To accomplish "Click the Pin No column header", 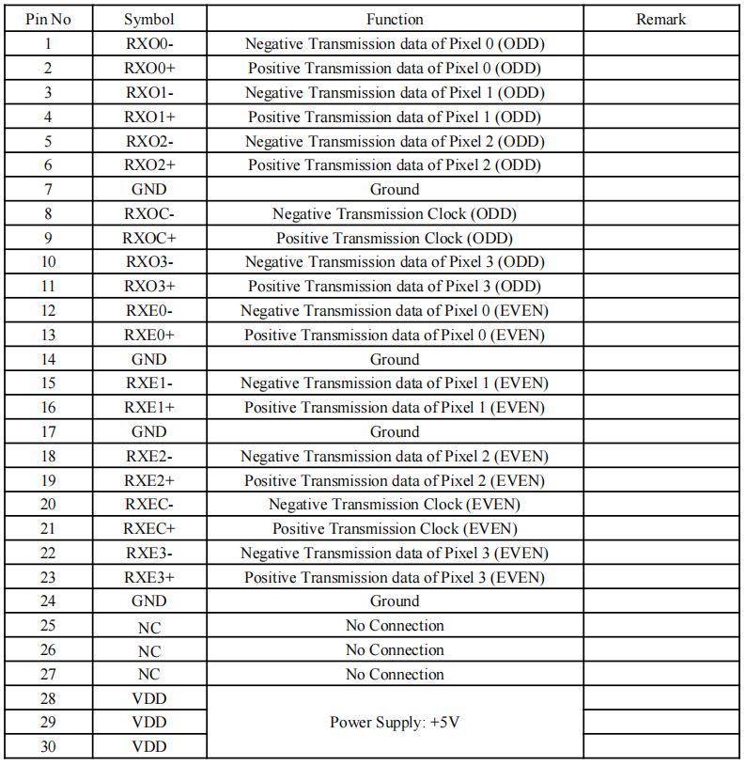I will [48, 19].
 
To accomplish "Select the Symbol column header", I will [149, 19].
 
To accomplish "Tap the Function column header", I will [395, 19].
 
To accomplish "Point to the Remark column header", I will [661, 19].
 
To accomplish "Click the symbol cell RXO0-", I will [149, 43].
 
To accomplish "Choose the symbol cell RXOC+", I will [149, 238].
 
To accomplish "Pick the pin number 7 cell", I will [48, 189].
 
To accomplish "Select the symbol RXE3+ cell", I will [149, 577].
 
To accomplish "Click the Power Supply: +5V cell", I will [395, 723].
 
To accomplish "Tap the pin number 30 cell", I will [48, 746].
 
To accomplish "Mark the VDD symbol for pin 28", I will [149, 698].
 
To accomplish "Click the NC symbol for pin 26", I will [149, 650].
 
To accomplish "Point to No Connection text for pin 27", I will [395, 674].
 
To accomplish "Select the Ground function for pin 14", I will [395, 359].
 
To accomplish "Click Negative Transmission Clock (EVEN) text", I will [395, 505].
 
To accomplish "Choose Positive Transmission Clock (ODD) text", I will [395, 238].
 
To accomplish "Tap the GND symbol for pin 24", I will [149, 601].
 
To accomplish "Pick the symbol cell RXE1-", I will [149, 383].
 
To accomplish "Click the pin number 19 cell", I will [48, 480].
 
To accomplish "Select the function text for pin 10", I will [395, 262].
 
